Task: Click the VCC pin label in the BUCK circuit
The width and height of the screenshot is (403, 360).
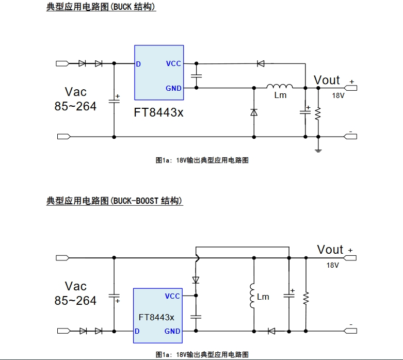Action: tap(173, 64)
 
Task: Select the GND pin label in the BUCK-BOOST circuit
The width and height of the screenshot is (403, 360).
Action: tap(173, 331)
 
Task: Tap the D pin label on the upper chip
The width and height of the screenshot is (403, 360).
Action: tap(138, 64)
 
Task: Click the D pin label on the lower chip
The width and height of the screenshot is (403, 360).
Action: tap(137, 331)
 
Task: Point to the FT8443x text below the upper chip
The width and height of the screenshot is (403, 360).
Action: tap(158, 112)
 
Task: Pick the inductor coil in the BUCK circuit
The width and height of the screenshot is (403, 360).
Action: tap(280, 87)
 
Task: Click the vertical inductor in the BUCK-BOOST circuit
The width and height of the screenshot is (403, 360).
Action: tap(253, 297)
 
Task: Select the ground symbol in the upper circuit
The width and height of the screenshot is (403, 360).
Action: tap(318, 150)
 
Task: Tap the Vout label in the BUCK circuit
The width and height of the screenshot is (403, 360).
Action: tap(327, 80)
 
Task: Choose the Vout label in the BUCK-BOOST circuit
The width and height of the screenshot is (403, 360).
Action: tap(330, 250)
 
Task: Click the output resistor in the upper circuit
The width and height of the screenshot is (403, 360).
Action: tap(318, 113)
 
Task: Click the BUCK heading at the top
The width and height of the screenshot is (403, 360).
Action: tap(101, 7)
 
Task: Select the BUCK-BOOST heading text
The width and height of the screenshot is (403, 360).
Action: tap(115, 201)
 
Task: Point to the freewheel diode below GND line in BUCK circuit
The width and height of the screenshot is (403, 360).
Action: tap(254, 112)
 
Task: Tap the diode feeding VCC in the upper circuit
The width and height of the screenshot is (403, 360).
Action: tap(261, 63)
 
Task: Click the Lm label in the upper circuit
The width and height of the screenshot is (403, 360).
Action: tap(280, 95)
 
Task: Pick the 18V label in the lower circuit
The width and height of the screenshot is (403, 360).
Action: tap(332, 265)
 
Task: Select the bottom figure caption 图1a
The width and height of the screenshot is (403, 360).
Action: tap(202, 355)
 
